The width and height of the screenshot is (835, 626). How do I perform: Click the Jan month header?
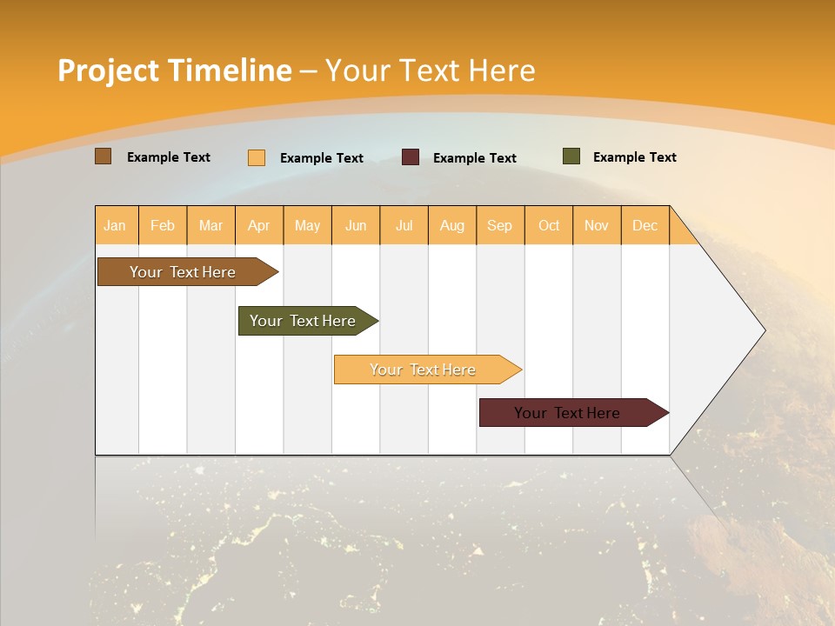pyautogui.click(x=116, y=225)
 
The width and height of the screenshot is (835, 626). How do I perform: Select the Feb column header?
pyautogui.click(x=163, y=225)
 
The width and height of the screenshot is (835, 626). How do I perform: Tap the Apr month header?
pyautogui.click(x=259, y=225)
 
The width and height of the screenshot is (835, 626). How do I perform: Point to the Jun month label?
pyautogui.click(x=356, y=225)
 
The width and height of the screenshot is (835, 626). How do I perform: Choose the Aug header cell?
pyautogui.click(x=452, y=225)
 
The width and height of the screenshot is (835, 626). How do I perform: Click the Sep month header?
pyautogui.click(x=500, y=225)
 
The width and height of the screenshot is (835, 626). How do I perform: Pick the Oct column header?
pyautogui.click(x=549, y=225)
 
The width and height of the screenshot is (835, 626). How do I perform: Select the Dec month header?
pyautogui.click(x=645, y=225)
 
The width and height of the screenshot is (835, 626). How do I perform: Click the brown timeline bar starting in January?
pyautogui.click(x=184, y=272)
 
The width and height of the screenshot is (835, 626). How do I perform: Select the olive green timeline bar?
pyautogui.click(x=304, y=321)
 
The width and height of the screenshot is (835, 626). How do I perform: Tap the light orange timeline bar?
pyautogui.click(x=424, y=370)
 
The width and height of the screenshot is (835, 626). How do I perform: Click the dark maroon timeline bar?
pyautogui.click(x=568, y=413)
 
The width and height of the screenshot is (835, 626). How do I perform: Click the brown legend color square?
pyautogui.click(x=103, y=156)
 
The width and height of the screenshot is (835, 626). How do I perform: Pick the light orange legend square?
pyautogui.click(x=257, y=157)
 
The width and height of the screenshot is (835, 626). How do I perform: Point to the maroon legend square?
pyautogui.click(x=411, y=157)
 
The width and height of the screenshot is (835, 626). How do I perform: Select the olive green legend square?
pyautogui.click(x=571, y=156)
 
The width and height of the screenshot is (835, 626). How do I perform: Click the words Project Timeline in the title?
pyautogui.click(x=175, y=70)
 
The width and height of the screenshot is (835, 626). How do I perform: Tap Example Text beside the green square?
pyautogui.click(x=634, y=157)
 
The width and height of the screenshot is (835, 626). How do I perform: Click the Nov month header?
pyautogui.click(x=597, y=225)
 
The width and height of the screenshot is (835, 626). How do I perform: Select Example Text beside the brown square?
pyautogui.click(x=169, y=157)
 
